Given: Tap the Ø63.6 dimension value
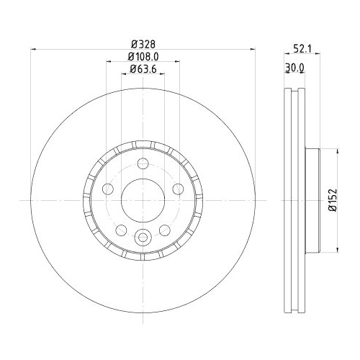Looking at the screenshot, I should click(x=143, y=70).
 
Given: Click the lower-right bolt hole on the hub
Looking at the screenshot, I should click(x=164, y=229).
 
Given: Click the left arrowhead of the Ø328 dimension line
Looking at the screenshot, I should click(x=32, y=49).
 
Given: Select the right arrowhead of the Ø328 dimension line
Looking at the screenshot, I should click(x=253, y=49).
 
